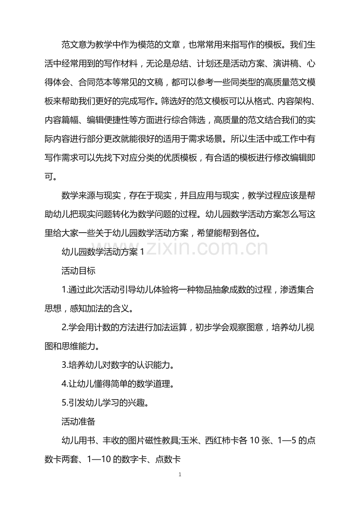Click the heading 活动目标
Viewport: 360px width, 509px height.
pyautogui.click(x=78, y=270)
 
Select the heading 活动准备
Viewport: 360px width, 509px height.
pyautogui.click(x=78, y=422)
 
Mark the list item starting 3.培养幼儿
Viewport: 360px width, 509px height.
pyautogui.click(x=117, y=365)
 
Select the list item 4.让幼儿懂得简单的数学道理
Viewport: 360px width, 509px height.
pyautogui.click(x=117, y=384)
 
